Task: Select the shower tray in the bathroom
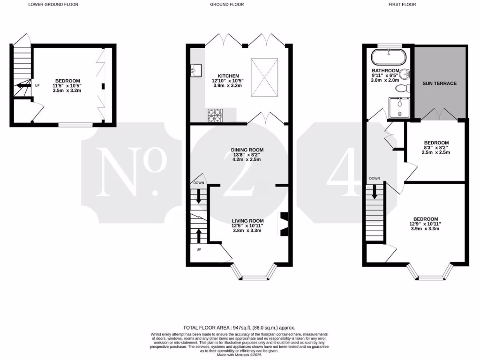click(x=399, y=107)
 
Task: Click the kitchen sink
click(x=196, y=71)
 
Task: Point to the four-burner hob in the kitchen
click(x=215, y=115)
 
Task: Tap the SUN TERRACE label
click(x=439, y=83)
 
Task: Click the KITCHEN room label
click(x=228, y=76)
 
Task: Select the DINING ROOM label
click(x=247, y=150)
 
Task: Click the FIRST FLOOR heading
click(x=402, y=4)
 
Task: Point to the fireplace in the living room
click(x=284, y=224)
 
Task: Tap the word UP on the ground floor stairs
click(x=199, y=249)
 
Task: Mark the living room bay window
click(x=254, y=274)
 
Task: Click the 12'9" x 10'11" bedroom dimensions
click(x=425, y=224)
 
